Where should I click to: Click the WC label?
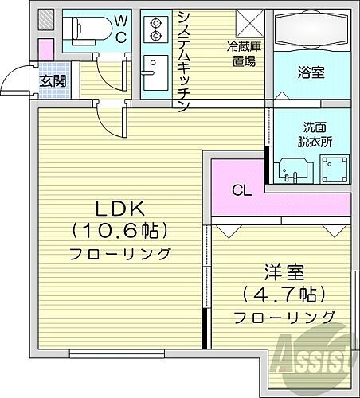coord(120,27)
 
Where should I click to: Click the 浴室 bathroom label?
coord(311,72)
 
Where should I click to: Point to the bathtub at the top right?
coord(311,31)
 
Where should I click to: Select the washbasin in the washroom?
coord(291,168)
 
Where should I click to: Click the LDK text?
coord(119,209)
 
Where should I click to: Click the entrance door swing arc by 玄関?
coord(15,80)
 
